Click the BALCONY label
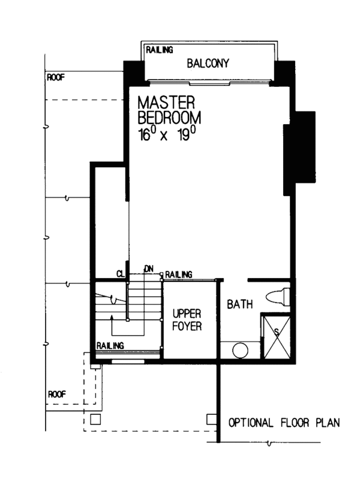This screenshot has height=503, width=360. pyautogui.click(x=208, y=63)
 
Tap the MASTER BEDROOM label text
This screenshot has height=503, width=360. pyautogui.click(x=169, y=110)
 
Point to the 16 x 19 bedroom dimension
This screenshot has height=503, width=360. pyautogui.click(x=167, y=134)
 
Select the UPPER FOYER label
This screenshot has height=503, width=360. pyautogui.click(x=187, y=320)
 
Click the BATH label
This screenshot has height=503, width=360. pyautogui.click(x=239, y=304)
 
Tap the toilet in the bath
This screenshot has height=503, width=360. pyautogui.click(x=277, y=296)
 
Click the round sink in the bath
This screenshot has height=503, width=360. pyautogui.click(x=240, y=350)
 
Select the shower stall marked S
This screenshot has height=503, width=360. pyautogui.click(x=277, y=337)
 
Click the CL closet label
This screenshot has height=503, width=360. pyautogui.click(x=121, y=274)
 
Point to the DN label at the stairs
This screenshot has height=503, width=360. pyautogui.click(x=149, y=269)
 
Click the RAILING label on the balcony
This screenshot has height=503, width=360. pyautogui.click(x=159, y=50)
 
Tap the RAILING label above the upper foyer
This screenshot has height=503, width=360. pyautogui.click(x=179, y=275)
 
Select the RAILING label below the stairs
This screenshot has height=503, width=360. pyautogui.click(x=110, y=345)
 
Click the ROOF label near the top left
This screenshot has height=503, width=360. pyautogui.click(x=56, y=77)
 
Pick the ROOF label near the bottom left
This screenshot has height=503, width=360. pyautogui.click(x=57, y=394)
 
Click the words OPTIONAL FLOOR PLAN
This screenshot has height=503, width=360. pyautogui.click(x=284, y=423)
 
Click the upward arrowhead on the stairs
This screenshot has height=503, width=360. pyautogui.click(x=112, y=317)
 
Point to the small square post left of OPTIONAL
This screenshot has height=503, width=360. pyautogui.click(x=211, y=419)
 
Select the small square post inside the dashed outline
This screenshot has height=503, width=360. pyautogui.click(x=95, y=419)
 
